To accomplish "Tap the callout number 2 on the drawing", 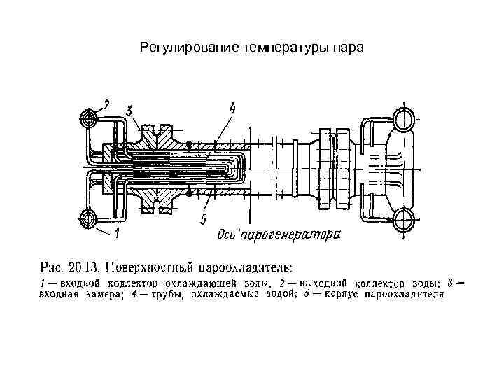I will click(x=107, y=105).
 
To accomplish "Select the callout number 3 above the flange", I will click(x=129, y=111).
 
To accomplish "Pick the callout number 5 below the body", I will click(x=203, y=220).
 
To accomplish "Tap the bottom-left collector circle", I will click(x=89, y=218).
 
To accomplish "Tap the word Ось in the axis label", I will click(x=227, y=234).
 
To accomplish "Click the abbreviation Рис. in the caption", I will click(x=52, y=267).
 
